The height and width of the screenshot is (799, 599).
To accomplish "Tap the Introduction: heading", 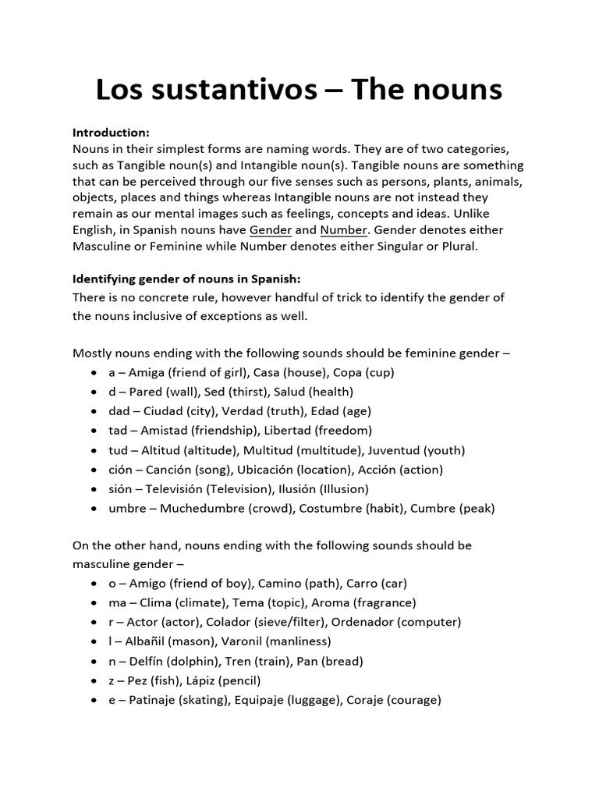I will (111, 133).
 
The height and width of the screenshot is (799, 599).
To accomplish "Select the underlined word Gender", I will (271, 230).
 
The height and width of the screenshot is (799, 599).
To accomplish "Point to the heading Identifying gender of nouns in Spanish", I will (186, 279).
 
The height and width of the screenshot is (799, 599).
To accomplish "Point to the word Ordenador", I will (349, 623).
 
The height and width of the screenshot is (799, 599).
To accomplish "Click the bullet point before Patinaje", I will (94, 701).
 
